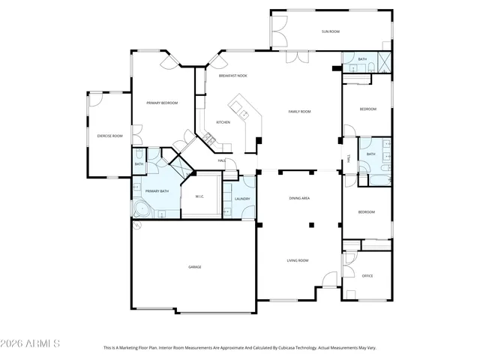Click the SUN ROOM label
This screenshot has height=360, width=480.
tap(331, 31)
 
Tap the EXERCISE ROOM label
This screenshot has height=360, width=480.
tap(109, 136)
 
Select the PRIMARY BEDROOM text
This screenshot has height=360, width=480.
tap(162, 103)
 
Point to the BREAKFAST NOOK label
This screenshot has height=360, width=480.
tap(233, 76)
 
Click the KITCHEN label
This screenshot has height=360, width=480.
tap(223, 122)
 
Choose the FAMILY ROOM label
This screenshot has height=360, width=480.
tap(300, 112)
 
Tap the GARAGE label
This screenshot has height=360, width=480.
tap(194, 267)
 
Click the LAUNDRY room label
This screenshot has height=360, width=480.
tap(241, 199)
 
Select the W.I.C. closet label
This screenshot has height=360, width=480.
tap(200, 196)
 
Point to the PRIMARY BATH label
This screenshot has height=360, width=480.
tap(157, 191)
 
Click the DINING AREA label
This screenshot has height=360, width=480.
tap(300, 198)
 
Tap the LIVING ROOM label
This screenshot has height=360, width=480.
tap(298, 260)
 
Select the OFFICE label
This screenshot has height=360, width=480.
tap(367, 276)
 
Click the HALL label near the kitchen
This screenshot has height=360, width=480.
tap(222, 160)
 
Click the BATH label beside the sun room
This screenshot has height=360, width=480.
tap(362, 59)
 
